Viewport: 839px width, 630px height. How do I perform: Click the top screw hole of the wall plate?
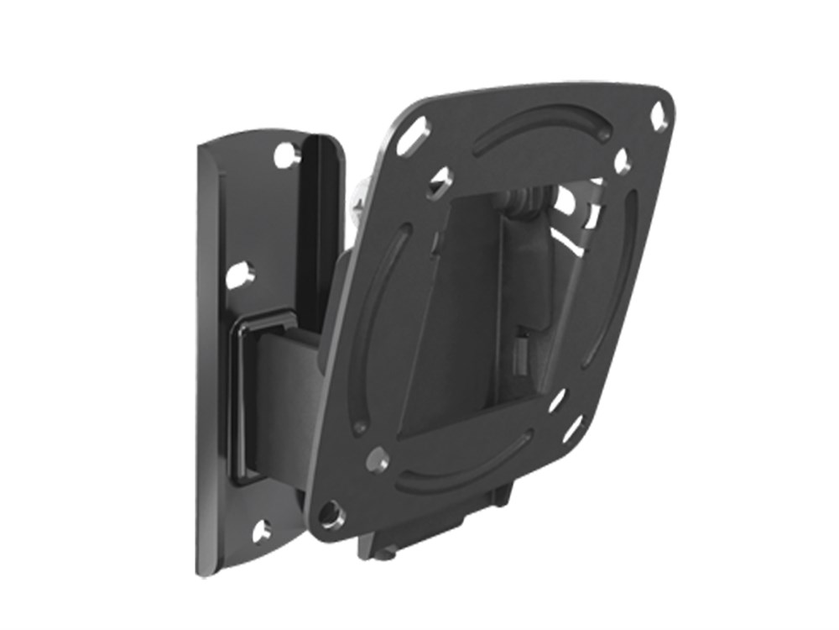point(286,155)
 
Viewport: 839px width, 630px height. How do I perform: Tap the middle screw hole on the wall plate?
point(238,275)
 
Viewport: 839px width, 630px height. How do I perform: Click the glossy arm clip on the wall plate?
point(252,395)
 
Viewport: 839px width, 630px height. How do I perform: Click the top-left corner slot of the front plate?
point(413,134)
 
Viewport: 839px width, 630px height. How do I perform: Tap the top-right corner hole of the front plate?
point(659,116)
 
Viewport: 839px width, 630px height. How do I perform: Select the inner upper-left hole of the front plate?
point(440,182)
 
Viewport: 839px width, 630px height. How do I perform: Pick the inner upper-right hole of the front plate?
point(622,160)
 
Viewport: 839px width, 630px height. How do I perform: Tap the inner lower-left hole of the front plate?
point(377,459)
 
